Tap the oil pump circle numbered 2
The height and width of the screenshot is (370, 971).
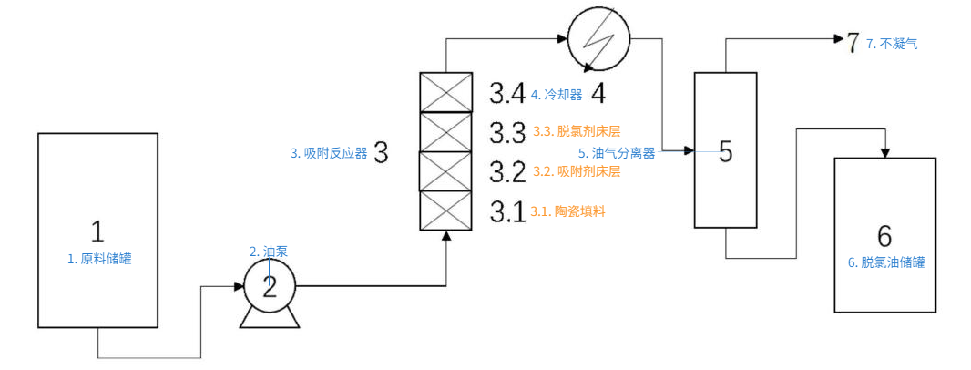pos(269,286)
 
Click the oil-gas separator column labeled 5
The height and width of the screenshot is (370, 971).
pos(725,150)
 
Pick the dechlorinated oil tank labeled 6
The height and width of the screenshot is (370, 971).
pos(884,235)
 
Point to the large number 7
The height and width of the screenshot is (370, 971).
pos(853,42)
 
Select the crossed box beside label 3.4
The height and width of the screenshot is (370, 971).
pos(445,92)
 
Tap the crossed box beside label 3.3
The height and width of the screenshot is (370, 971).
pos(445,132)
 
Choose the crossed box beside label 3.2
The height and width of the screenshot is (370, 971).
pos(445,171)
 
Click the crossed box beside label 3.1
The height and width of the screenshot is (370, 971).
pos(445,211)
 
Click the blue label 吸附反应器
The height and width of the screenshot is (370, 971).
pos(329,153)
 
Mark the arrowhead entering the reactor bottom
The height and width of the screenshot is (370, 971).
pos(445,237)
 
